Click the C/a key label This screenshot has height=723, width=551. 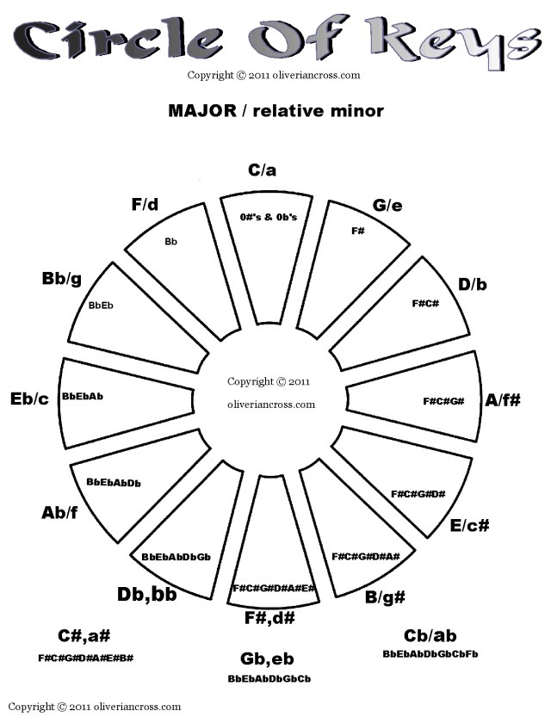pos(262,170)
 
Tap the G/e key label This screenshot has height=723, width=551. pos(387,205)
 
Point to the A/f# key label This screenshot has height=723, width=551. pos(503,400)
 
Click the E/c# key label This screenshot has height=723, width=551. pos(470,525)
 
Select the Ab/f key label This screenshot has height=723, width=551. pos(60,513)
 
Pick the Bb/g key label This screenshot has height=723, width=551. pos(60,279)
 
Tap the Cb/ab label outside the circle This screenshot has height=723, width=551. pos(430,636)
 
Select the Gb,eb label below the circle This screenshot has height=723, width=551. pos(268,659)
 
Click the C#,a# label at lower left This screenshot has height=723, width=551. pos(84,636)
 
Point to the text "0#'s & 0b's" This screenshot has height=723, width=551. pos(269,217)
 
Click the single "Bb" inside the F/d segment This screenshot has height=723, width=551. pos(170,242)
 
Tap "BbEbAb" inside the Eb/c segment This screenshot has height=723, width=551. pos(84,398)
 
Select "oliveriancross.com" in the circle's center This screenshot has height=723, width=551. pos(271,404)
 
